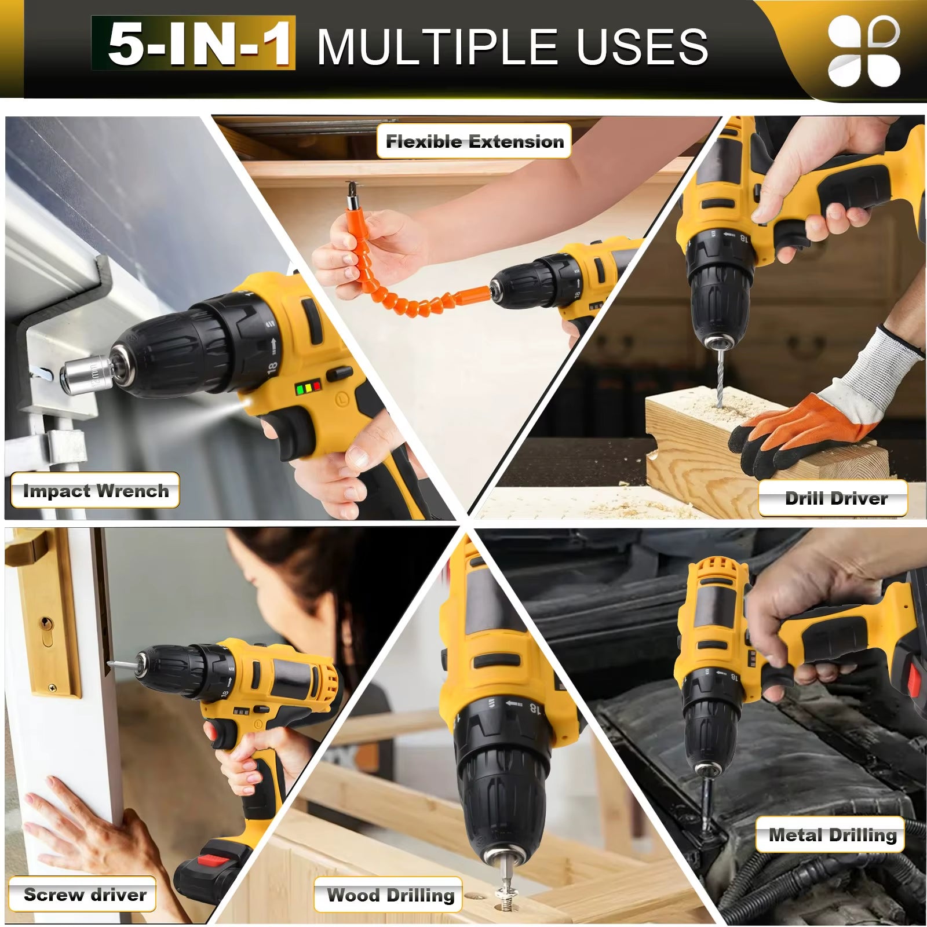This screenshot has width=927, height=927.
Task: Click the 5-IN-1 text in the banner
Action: point(194,44)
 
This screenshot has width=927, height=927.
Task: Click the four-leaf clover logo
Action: point(863,51)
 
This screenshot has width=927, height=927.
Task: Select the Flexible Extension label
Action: point(474,141)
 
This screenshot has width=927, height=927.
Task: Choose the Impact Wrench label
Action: point(96,491)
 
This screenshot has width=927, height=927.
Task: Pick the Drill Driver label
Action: point(835,498)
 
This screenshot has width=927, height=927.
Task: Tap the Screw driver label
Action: point(84,894)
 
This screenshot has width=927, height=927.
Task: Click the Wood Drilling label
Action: point(389,895)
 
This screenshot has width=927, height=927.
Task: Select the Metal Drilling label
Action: point(831,834)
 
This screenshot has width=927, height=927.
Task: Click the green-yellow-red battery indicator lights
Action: point(308,388)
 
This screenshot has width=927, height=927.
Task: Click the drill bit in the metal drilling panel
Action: point(706,800)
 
